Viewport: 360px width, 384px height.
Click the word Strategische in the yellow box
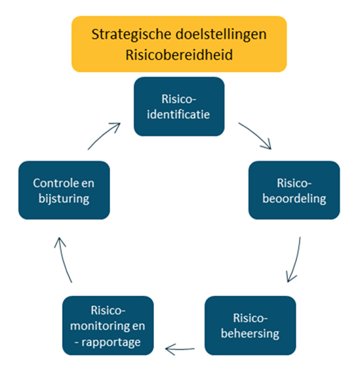(132, 35)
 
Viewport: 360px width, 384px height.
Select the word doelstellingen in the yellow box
(221, 33)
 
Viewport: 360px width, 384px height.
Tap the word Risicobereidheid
(179, 54)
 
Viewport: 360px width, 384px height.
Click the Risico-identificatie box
(179, 106)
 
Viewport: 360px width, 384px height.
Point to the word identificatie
(178, 114)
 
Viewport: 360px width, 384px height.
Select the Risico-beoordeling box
(294, 190)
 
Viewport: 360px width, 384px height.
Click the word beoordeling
(294, 198)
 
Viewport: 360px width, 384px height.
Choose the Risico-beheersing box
(250, 326)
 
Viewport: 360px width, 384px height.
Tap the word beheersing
(250, 333)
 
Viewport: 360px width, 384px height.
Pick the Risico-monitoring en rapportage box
(108, 326)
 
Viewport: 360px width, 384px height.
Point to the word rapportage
(111, 343)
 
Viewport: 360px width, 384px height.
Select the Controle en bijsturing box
(64, 190)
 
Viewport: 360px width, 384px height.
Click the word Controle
(53, 183)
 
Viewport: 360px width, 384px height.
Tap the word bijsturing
(64, 199)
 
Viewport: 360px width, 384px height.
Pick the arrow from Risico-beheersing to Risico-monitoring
(180, 349)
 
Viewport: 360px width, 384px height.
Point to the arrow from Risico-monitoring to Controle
(62, 260)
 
